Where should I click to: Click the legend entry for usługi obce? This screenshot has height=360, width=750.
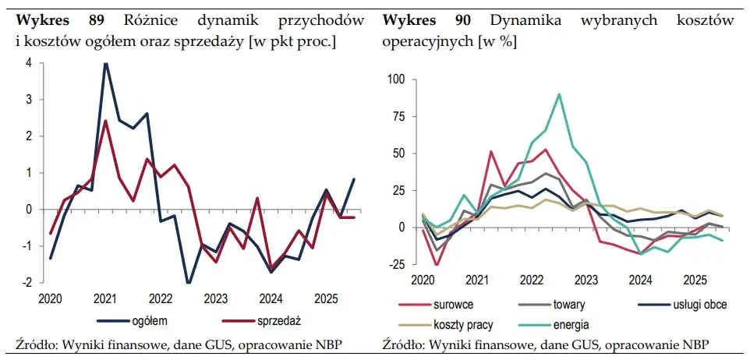699,306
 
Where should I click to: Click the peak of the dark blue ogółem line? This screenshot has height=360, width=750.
105,64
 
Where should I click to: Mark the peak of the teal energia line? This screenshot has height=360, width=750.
559,94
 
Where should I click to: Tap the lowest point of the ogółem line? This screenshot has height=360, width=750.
189,283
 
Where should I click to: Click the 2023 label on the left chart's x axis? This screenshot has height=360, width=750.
215,298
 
